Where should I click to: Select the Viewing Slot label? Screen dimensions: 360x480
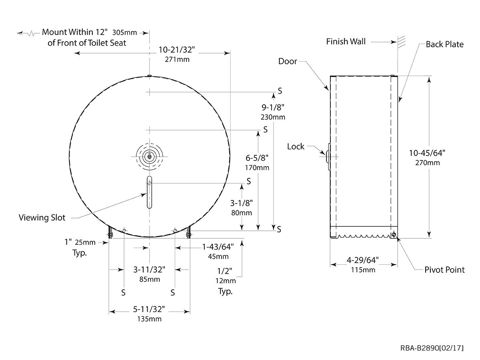point(42,218)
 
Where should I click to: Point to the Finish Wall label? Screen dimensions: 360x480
point(346,41)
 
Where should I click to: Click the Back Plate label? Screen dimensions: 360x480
point(444,44)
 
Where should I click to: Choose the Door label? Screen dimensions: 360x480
point(288,61)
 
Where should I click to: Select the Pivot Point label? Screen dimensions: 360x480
point(444,270)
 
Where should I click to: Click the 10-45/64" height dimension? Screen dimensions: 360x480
point(427,152)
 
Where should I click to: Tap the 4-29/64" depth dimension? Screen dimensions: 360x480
point(363,261)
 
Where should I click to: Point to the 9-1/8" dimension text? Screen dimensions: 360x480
point(273,108)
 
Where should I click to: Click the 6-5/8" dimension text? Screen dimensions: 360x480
point(257,158)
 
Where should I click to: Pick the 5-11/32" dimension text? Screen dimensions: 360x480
point(149,310)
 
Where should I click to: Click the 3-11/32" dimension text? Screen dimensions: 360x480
point(149,270)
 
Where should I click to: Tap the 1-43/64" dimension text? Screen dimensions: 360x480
point(218,247)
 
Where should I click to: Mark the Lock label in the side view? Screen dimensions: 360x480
point(296,146)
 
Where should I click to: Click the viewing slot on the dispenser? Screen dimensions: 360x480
point(149,192)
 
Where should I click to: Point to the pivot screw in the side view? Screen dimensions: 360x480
point(395,235)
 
